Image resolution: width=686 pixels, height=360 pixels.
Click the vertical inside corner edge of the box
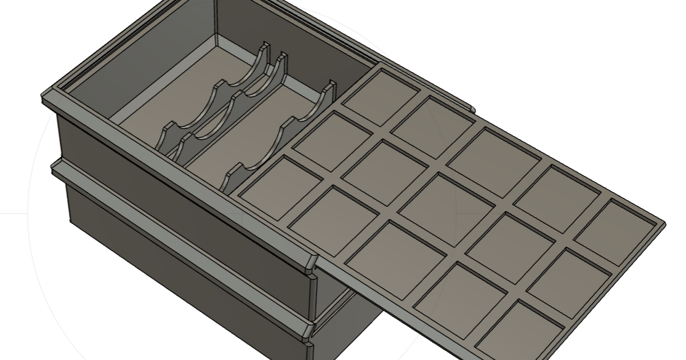tap(217, 18)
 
